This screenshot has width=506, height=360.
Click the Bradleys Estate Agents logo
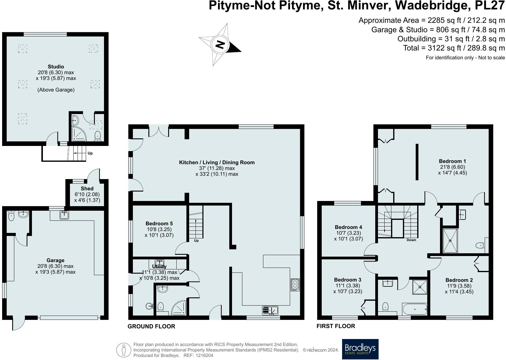click(x=360, y=349)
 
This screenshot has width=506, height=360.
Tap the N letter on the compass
click(x=220, y=44)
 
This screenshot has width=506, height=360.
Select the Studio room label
click(x=56, y=67)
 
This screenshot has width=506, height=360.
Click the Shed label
click(x=87, y=189)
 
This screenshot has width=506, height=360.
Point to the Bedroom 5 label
click(x=159, y=223)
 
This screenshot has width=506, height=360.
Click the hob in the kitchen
click(x=295, y=285)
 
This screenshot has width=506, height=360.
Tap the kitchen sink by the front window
click(x=270, y=310)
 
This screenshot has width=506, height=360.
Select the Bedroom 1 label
click(x=452, y=161)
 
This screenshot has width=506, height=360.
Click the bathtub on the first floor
click(x=414, y=309)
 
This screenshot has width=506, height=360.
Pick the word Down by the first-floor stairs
click(x=411, y=240)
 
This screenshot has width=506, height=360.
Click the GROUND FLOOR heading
click(x=151, y=326)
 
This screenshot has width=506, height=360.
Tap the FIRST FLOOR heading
click(x=336, y=326)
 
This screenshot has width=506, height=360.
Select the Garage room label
click(x=55, y=260)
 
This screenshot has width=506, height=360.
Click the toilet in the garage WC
click(x=11, y=216)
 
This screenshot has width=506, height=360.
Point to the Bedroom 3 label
click(x=348, y=280)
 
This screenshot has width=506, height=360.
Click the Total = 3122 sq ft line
click(x=454, y=48)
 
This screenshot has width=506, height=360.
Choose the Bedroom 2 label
click(x=459, y=280)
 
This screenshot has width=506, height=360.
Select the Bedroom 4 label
click(x=348, y=227)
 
